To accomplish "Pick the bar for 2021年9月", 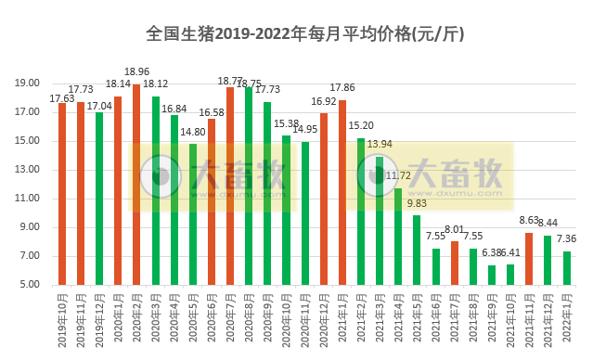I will (492, 275).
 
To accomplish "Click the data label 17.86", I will (344, 89).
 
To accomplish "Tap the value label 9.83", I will (417, 203).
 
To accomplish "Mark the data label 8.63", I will (529, 220).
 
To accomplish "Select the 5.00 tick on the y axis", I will (35, 285).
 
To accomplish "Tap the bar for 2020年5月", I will (193, 213).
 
